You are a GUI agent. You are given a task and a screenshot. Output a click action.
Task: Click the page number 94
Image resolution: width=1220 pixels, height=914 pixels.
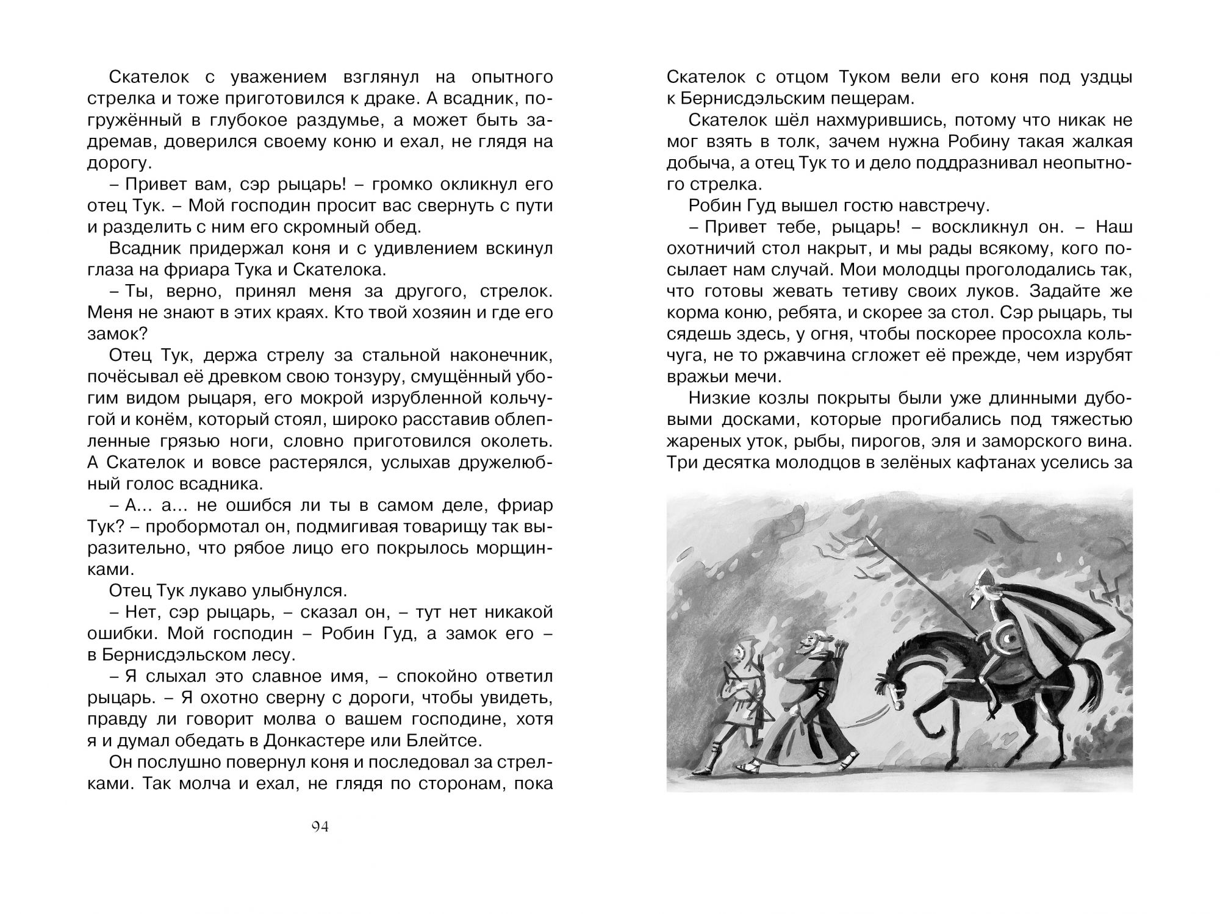[x=320, y=827]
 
